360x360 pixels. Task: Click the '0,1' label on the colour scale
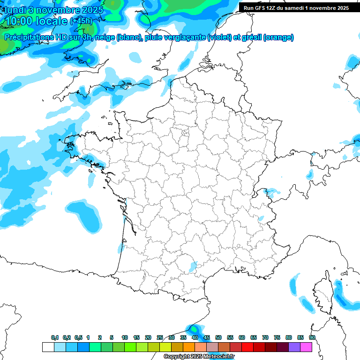coord(55,337)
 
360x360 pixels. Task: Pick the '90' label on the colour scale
coord(312,337)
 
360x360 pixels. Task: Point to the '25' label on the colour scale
coord(160,337)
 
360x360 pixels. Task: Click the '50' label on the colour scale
coord(218,337)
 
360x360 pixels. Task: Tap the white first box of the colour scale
coord(48,347)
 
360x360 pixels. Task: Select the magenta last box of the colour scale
coord(306,347)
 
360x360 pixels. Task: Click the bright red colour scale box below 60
coord(247,347)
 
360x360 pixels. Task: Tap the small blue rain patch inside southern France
coord(193,266)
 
